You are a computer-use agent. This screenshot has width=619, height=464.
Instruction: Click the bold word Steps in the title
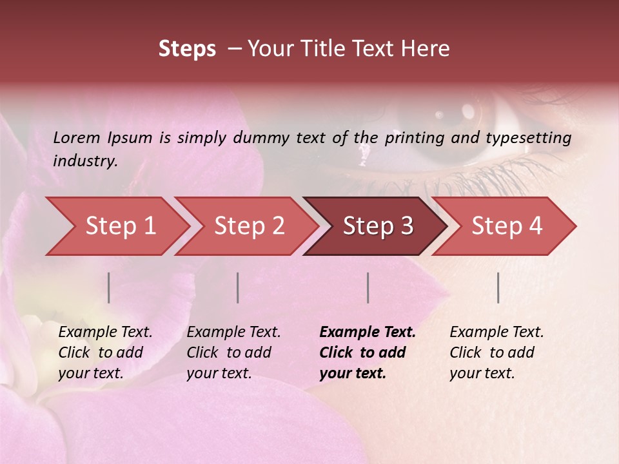tap(187, 49)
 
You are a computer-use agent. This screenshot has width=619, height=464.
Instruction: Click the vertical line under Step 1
tap(109, 287)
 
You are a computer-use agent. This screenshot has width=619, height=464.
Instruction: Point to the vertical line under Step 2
tap(238, 287)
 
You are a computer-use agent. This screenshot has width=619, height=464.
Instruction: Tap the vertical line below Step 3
tap(368, 287)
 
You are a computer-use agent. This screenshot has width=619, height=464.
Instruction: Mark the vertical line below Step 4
tap(498, 287)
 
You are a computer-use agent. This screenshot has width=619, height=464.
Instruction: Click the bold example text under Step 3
tap(368, 353)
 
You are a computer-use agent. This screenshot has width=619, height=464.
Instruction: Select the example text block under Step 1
tap(105, 353)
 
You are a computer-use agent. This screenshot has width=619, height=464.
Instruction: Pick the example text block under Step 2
tap(233, 353)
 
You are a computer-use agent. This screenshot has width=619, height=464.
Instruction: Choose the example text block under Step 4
tap(496, 353)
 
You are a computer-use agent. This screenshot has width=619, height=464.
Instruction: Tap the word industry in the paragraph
tap(85, 161)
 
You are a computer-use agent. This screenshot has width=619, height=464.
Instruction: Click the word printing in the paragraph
tap(412, 138)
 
